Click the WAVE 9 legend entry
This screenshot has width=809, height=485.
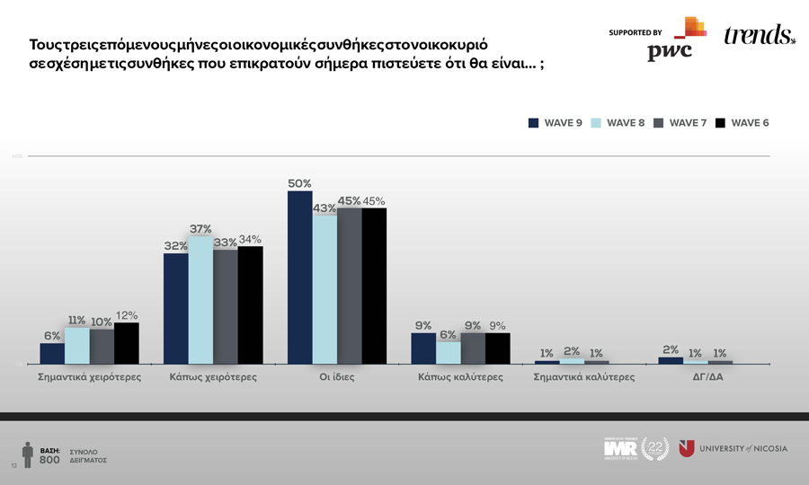(x=556, y=123)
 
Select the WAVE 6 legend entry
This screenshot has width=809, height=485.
(x=742, y=123)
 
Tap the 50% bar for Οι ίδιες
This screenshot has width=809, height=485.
(x=299, y=278)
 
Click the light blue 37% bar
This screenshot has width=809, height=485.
(x=200, y=300)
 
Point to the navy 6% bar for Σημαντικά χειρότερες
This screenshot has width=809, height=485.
(x=52, y=353)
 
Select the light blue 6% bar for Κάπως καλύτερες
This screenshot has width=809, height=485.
(x=449, y=353)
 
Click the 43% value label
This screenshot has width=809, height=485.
(x=324, y=208)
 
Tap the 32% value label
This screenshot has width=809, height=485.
(x=175, y=246)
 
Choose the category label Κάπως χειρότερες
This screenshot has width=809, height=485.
(x=213, y=377)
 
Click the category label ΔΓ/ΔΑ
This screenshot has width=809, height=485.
(x=707, y=377)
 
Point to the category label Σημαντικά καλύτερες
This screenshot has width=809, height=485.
(x=583, y=377)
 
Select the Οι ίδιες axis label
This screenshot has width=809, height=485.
(x=337, y=377)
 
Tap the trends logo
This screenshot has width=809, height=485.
(x=759, y=36)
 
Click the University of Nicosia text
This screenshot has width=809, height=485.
(x=742, y=448)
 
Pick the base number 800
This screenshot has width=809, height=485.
(x=49, y=460)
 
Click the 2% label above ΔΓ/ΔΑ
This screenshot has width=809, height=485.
(x=671, y=349)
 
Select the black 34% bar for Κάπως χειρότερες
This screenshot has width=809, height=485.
(x=250, y=304)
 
